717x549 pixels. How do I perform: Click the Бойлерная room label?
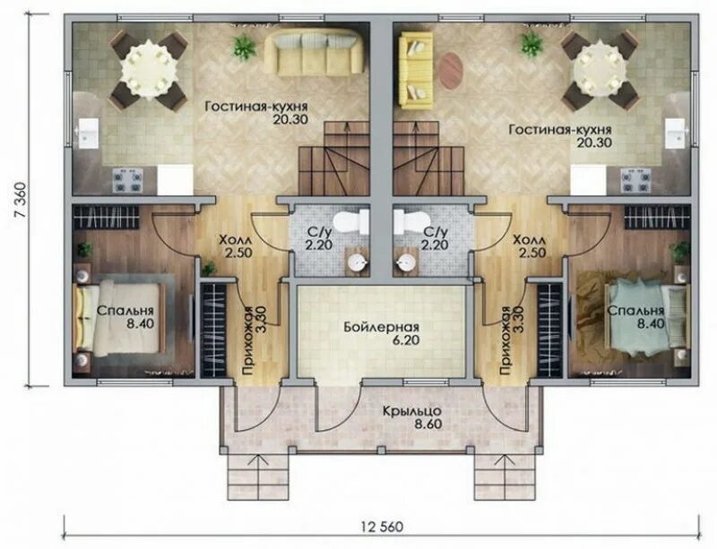[382, 327]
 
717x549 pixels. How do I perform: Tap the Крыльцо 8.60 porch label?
[412, 416]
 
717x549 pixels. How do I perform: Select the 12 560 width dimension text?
[383, 527]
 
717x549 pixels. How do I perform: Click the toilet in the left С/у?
[351, 222]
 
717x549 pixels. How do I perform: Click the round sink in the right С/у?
[406, 262]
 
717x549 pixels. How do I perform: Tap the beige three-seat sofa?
[312, 53]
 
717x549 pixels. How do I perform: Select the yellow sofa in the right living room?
[416, 70]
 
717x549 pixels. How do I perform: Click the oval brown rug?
[452, 71]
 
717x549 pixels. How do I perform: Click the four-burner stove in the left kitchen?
[128, 181]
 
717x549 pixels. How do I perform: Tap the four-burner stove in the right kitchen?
[635, 181]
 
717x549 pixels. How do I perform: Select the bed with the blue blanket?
[645, 319]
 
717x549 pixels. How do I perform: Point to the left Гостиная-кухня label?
[256, 107]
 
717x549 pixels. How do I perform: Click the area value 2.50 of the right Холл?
[532, 253]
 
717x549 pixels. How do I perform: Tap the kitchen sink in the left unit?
[89, 133]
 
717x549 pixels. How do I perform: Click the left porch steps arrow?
[259, 476]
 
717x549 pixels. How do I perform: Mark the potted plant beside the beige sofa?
[245, 47]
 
